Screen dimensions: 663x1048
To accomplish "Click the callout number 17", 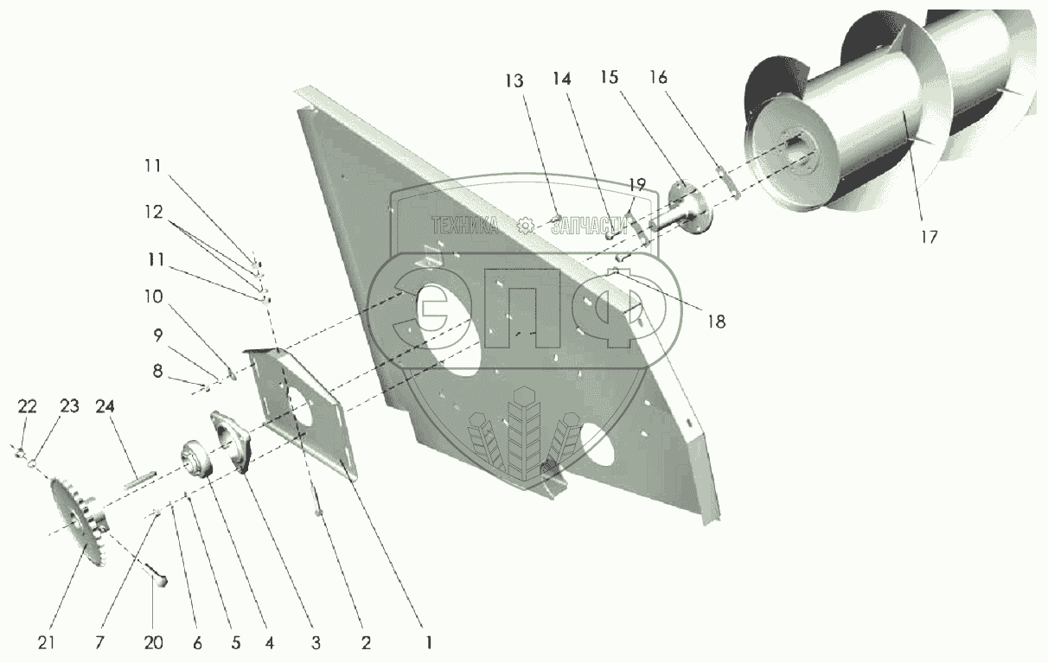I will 928,236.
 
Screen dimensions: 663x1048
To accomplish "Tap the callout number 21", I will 47,642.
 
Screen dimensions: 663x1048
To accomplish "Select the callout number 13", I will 514,80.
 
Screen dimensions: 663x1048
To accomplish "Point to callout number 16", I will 658,78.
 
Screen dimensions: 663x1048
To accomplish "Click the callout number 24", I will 105,406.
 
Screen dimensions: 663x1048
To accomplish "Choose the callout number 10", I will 152,296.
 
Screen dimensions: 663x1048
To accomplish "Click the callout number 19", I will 636,184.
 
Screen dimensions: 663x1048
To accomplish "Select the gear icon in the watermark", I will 524,226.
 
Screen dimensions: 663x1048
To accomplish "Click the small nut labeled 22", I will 18,450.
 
